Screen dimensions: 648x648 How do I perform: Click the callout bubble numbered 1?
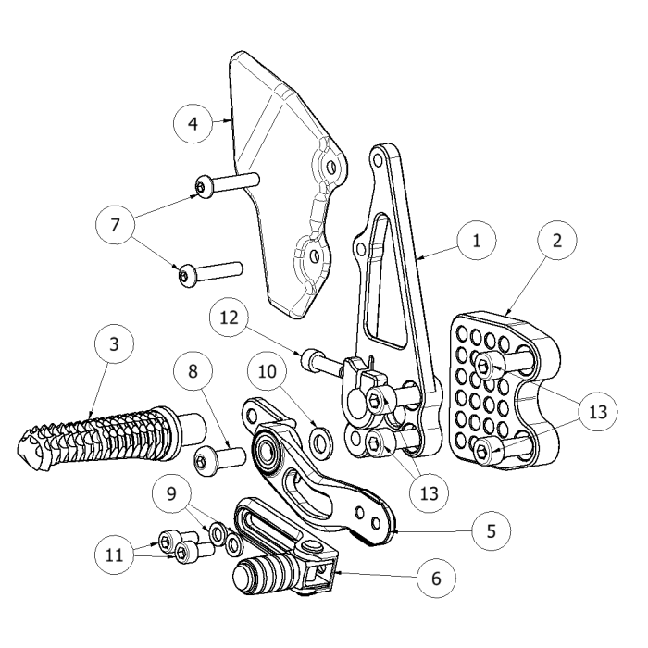(x=477, y=242)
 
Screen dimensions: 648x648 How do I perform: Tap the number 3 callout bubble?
(x=114, y=345)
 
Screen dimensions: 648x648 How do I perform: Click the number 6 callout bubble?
(x=435, y=579)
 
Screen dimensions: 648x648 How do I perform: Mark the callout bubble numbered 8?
(x=193, y=373)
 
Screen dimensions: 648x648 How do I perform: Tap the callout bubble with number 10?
(x=268, y=373)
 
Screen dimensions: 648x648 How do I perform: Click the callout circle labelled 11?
(x=115, y=555)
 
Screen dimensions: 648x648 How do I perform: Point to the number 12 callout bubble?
(x=228, y=318)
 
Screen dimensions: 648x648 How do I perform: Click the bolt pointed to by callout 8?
(x=217, y=456)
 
